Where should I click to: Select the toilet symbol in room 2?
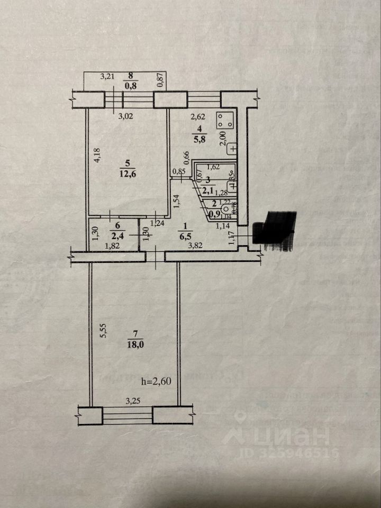click(225, 208)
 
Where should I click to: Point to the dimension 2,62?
click(199, 117)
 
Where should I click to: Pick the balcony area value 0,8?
click(129, 85)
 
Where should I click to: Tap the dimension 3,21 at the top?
click(108, 76)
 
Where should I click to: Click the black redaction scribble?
click(276, 230)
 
